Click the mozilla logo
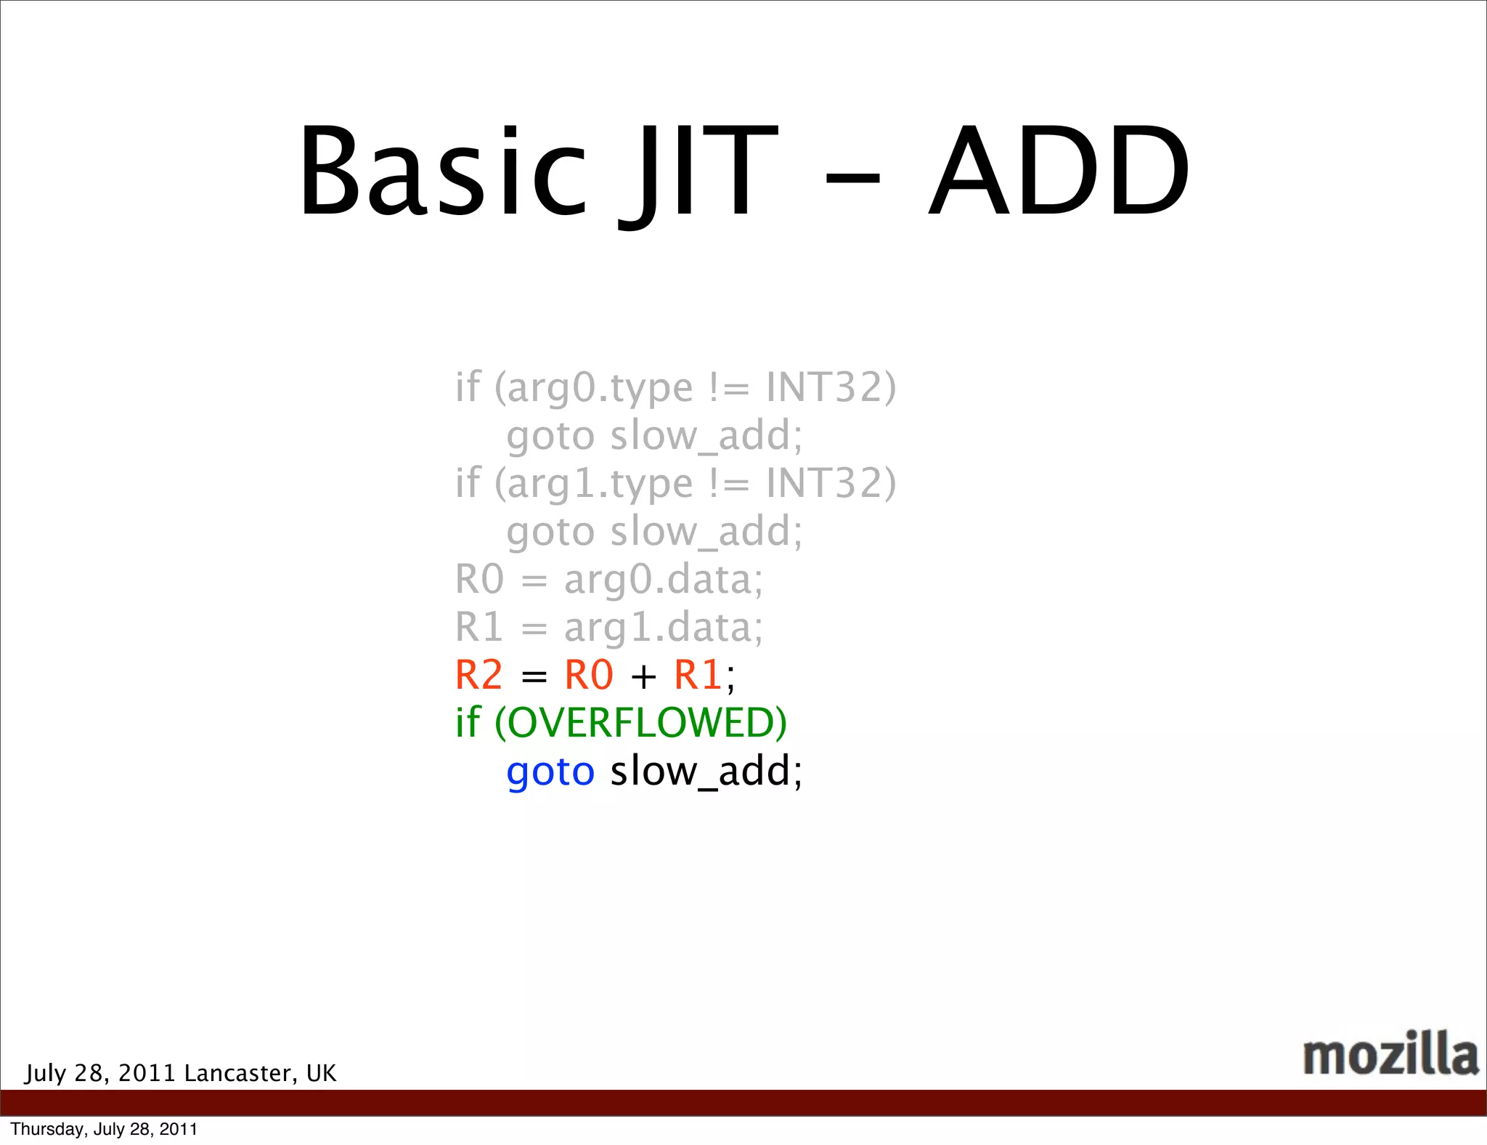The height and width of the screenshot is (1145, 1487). pyautogui.click(x=1390, y=1054)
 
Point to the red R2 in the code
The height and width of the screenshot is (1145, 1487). pyautogui.click(x=478, y=675)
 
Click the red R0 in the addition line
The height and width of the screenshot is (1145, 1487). pyautogui.click(x=589, y=675)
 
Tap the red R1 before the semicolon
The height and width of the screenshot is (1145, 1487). pyautogui.click(x=698, y=675)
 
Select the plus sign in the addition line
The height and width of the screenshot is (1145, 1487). pyautogui.click(x=643, y=677)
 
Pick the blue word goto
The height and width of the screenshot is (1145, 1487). pyautogui.click(x=550, y=772)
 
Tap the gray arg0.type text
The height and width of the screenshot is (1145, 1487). pyautogui.click(x=600, y=388)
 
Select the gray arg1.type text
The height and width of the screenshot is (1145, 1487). pyautogui.click(x=600, y=484)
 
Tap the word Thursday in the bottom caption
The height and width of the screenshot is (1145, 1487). pyautogui.click(x=47, y=1129)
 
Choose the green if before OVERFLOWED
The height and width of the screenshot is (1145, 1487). pyautogui.click(x=468, y=723)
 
